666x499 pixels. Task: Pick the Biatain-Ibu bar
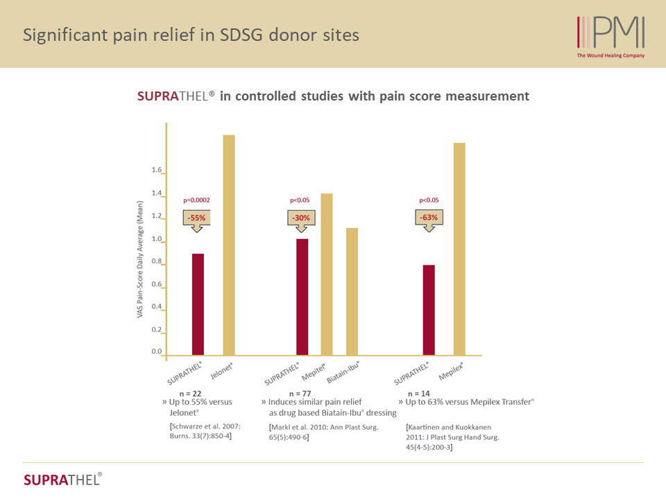click(x=352, y=292)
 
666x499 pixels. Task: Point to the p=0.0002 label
click(x=196, y=200)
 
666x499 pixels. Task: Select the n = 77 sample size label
click(x=290, y=393)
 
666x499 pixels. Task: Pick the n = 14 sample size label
click(x=418, y=393)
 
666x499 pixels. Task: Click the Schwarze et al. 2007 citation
click(x=205, y=432)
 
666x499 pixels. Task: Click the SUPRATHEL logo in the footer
click(x=62, y=480)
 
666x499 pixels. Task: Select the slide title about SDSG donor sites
click(x=191, y=35)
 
